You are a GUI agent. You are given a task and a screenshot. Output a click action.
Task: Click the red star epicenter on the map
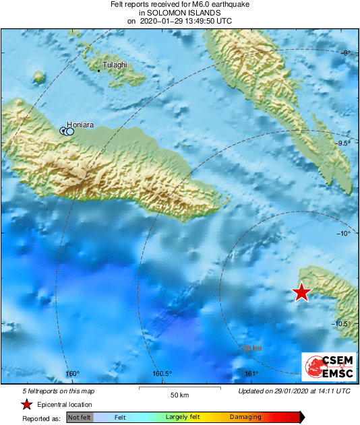pyautogui.click(x=301, y=292)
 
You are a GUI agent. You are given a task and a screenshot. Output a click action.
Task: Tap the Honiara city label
pyautogui.click(x=80, y=124)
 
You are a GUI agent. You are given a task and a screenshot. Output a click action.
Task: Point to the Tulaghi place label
pyautogui.click(x=115, y=65)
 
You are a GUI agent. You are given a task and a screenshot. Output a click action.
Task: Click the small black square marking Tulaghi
pyautogui.click(x=99, y=70)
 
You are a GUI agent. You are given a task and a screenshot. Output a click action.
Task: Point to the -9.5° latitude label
pyautogui.click(x=343, y=143)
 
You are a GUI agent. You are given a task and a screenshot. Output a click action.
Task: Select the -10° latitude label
pyautogui.click(x=344, y=233)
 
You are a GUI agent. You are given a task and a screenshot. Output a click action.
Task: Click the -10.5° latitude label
pyautogui.click(x=342, y=323)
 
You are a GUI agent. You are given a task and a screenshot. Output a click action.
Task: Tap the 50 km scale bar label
pyautogui.click(x=179, y=395)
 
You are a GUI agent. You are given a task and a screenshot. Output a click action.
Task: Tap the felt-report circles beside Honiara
pyautogui.click(x=67, y=131)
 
